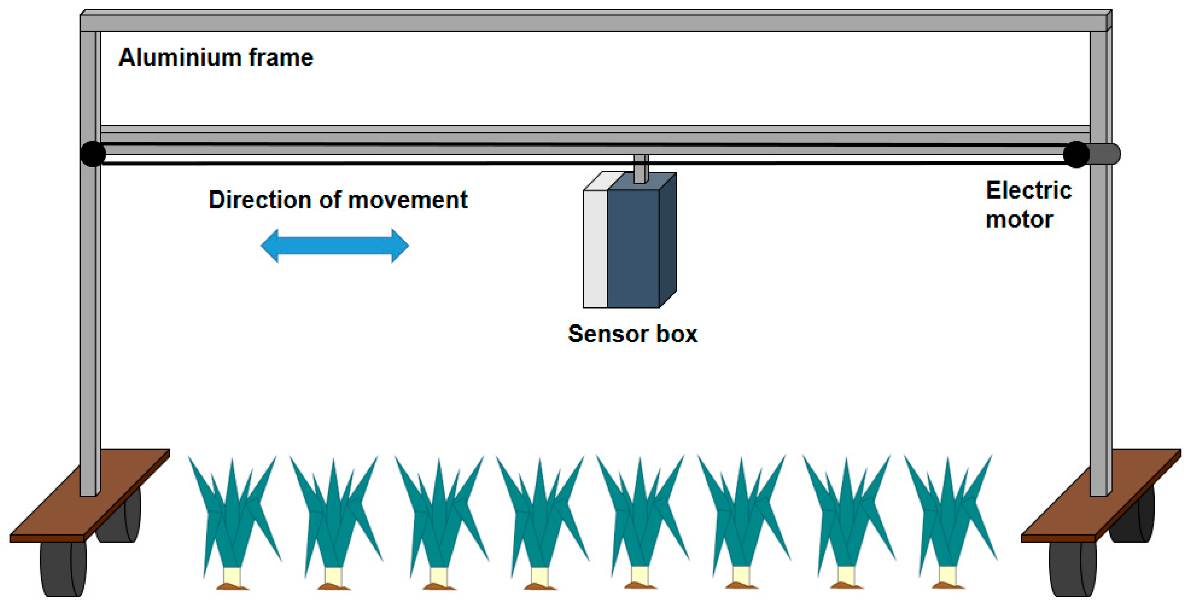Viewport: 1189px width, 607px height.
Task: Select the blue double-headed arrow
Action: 335,246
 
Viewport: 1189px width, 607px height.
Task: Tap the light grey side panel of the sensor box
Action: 595,249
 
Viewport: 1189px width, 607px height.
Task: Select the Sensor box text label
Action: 632,334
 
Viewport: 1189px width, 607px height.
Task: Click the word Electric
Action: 1028,191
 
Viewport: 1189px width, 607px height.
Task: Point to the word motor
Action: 1019,219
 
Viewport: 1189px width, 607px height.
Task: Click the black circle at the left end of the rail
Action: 93,154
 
